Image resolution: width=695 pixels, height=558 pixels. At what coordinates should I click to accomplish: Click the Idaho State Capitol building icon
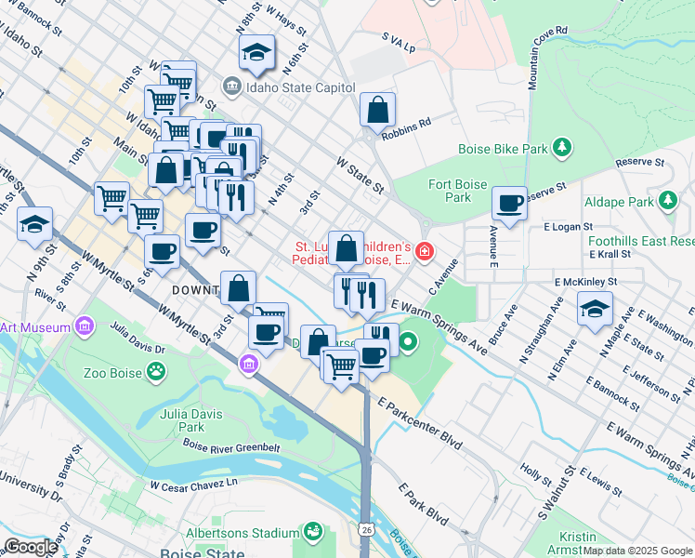click(x=231, y=87)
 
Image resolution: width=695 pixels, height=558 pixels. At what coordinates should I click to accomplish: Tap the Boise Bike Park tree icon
click(x=561, y=148)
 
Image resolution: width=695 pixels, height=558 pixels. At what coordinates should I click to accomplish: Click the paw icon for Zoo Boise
click(x=157, y=373)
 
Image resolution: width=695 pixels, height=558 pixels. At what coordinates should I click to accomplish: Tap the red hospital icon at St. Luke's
click(x=425, y=250)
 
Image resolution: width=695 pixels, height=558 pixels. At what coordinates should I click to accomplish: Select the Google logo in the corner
click(x=31, y=547)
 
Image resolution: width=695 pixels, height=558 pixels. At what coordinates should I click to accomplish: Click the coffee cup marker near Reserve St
click(x=509, y=204)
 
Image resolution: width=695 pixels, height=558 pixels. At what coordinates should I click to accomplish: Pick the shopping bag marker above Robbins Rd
click(x=378, y=110)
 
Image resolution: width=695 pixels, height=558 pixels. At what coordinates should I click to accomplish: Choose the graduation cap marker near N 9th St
click(x=35, y=225)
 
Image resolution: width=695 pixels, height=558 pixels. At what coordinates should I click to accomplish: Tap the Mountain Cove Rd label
click(x=546, y=59)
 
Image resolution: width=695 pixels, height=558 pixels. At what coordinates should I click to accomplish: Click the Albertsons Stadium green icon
click(x=314, y=531)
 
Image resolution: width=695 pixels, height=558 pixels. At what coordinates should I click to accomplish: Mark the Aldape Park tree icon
click(x=667, y=201)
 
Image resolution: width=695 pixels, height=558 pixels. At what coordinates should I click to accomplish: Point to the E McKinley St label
click(x=585, y=282)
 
